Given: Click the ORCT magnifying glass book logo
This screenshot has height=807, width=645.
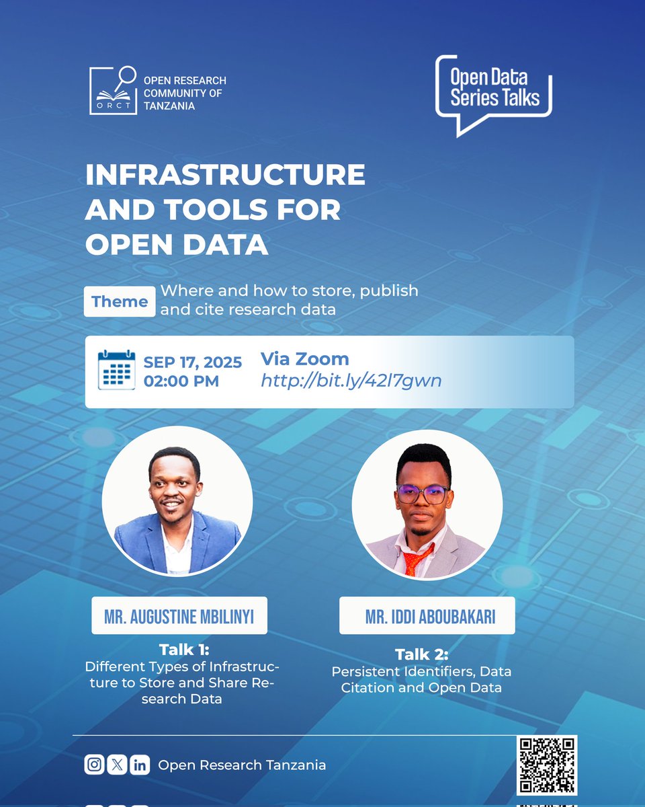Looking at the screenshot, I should coord(114,91).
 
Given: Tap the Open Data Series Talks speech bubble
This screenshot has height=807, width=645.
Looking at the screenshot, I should coord(494,91).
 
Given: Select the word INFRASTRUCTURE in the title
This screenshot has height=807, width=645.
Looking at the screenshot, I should coord(225,176).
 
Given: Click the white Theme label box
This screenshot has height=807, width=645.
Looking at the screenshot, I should coord(120,301).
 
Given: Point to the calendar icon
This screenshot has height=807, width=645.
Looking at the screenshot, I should coord(116,371).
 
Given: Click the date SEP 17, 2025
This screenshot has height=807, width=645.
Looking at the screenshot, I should coord(193,362).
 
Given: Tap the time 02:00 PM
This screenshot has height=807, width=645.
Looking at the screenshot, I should coord(181,381).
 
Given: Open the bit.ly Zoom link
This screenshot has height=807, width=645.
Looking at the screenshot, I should coord(351,381).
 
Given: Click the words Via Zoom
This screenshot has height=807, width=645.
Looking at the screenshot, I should coord(304,359).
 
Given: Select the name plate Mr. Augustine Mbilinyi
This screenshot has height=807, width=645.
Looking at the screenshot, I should coord(179,615).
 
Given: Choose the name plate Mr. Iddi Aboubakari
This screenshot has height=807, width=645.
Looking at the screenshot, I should coord(427,615).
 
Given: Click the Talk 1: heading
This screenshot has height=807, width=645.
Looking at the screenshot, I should coord(184,650).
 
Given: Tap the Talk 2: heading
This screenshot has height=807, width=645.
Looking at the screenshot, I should coord(421,654).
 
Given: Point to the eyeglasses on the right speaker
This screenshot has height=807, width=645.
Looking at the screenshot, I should coord(422,495).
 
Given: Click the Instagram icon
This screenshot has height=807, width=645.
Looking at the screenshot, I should coord(95,765).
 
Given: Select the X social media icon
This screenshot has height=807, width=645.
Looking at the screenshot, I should coord(117,765).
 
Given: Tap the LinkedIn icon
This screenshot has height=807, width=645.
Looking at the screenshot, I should coord(139,765).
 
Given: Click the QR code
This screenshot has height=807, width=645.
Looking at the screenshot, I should coord(546,765).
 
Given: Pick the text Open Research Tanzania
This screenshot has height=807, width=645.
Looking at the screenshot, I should coord(242,765).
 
